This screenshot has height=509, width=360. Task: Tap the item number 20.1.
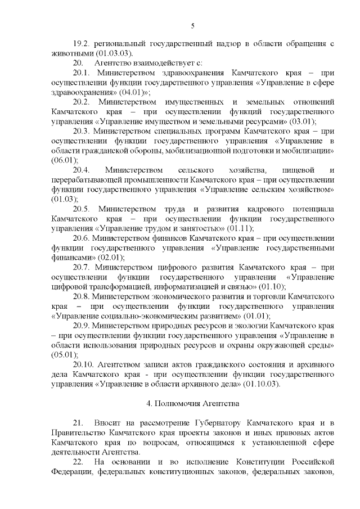point(82,73)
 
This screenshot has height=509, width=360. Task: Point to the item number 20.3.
point(82,131)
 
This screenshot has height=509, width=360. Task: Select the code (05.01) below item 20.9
point(63,354)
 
